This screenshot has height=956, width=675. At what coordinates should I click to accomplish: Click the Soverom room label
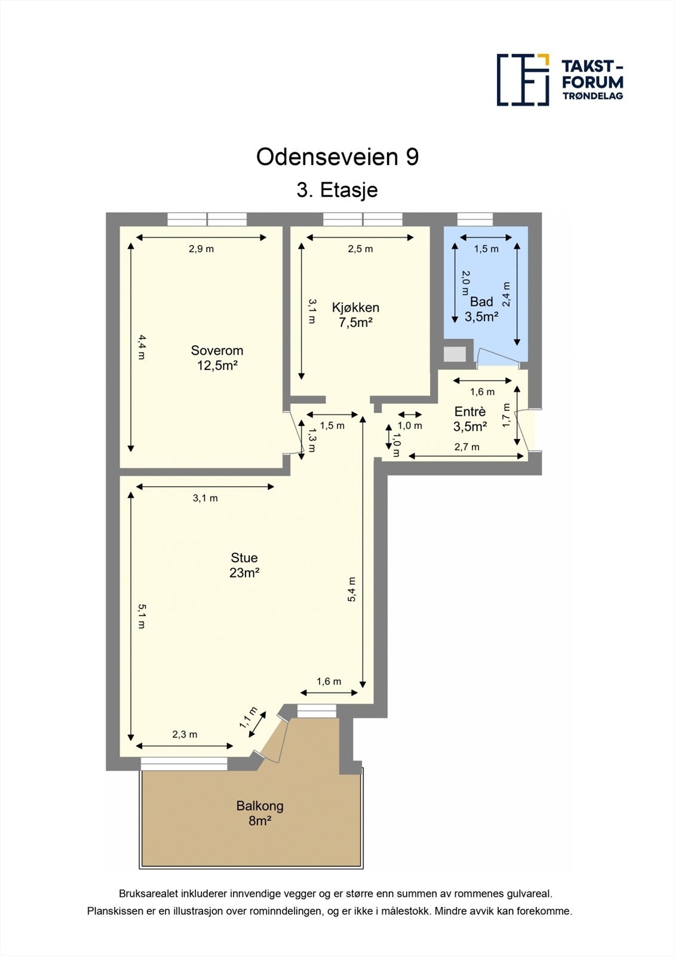pos(217,358)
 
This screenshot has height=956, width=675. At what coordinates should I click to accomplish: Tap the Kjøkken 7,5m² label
pos(355,315)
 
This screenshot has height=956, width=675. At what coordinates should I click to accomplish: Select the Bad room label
pos(481,309)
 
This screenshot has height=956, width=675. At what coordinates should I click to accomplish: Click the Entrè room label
pos(470,419)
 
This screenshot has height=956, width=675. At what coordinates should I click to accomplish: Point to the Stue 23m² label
pos(244,565)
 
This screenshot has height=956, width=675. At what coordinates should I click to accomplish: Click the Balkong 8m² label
pos(260,813)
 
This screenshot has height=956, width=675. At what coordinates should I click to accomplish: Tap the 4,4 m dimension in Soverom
pos(142,347)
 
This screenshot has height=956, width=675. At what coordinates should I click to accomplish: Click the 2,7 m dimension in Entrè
pos(467,447)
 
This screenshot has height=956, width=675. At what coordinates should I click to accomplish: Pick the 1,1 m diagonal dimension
pos(248,718)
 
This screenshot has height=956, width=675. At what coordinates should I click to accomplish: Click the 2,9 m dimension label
pos(201,249)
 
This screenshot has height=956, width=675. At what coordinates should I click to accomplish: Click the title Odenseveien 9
pos(337,157)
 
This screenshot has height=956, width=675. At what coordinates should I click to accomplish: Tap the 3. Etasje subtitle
pos(337,190)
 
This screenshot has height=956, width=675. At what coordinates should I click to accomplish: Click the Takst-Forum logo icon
pos(523,79)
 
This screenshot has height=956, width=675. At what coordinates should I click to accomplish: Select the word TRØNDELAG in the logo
pos(593,96)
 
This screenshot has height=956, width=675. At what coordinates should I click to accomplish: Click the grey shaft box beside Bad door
pos(455,354)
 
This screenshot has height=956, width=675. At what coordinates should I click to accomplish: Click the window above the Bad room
pos(475,219)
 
